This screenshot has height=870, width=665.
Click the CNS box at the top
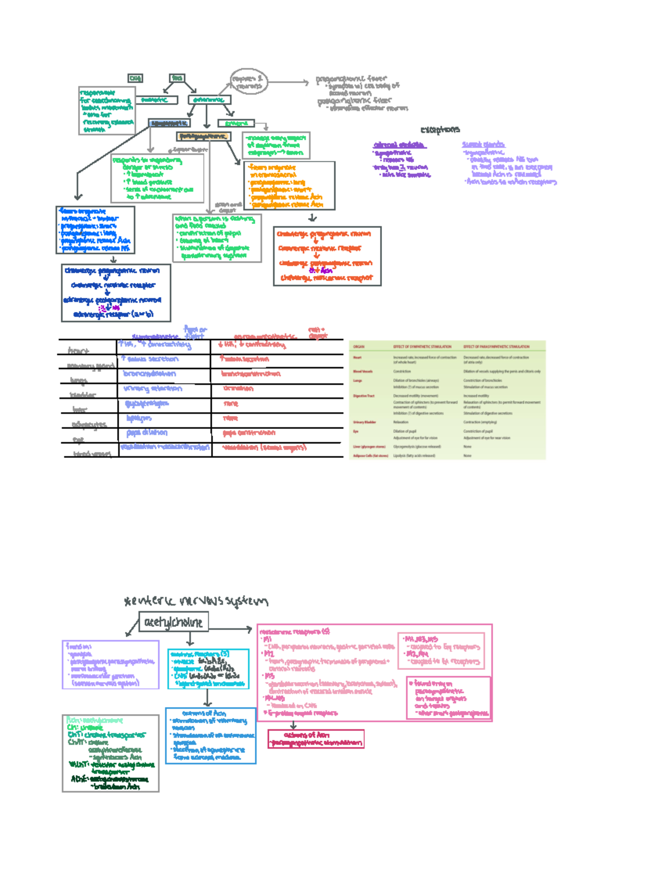coord(135,79)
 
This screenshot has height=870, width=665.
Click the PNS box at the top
coord(177,78)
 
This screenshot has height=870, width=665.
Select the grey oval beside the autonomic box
coord(249,82)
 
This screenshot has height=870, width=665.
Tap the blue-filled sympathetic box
coord(169,123)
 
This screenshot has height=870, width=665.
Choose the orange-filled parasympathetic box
coord(203,136)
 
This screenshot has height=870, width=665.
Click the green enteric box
coord(236,123)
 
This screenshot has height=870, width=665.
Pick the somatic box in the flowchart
coord(157,100)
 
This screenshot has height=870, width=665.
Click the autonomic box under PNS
coord(209,100)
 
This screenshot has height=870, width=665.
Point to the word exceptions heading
coord(440,130)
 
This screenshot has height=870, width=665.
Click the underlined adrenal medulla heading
coord(399,145)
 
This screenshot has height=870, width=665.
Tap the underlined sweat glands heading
coord(483,145)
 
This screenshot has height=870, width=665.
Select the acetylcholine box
coord(173,622)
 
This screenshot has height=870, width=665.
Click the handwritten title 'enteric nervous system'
coord(197,601)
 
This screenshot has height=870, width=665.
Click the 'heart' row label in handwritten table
coord(78,351)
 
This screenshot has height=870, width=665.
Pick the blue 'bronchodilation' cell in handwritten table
coord(150,374)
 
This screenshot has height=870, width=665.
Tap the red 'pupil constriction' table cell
coord(249,433)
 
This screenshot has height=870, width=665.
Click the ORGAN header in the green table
coord(359,347)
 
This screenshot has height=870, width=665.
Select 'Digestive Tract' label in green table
coord(364,396)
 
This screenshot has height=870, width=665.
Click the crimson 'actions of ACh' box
coord(315,739)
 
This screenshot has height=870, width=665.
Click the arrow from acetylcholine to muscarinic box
coord(232,629)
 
